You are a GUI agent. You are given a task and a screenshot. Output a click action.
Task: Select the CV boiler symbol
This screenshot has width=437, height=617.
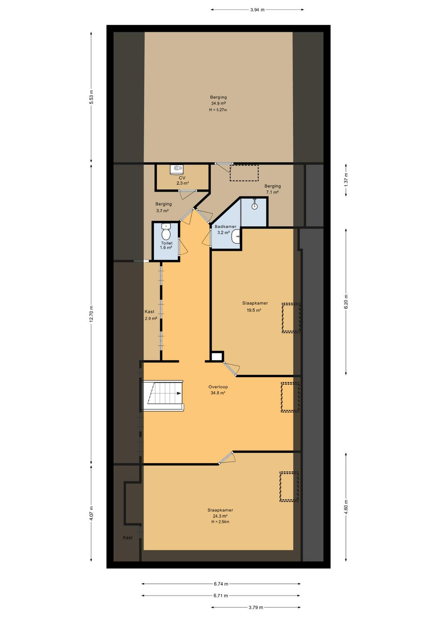(176, 169)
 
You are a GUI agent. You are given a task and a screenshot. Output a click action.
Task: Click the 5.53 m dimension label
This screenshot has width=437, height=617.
(91, 97)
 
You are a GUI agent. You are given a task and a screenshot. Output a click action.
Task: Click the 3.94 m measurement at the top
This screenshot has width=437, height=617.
(257, 10)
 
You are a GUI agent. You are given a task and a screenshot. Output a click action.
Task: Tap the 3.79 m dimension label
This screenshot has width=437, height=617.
(256, 607)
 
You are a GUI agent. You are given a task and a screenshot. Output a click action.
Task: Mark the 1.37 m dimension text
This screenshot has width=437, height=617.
(346, 180)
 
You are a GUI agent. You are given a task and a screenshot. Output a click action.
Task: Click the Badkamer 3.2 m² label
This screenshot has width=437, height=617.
(225, 229)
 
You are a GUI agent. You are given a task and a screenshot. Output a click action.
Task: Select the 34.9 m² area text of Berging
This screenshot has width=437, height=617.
(218, 103)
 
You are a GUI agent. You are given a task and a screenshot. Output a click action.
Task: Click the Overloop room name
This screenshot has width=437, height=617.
(218, 387)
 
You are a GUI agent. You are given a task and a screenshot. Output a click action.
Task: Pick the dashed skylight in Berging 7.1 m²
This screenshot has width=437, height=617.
(244, 173)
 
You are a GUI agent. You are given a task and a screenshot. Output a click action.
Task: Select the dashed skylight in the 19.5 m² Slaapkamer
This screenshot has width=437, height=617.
(291, 318)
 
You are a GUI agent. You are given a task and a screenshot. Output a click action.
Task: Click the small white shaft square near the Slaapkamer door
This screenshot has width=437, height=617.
(217, 357)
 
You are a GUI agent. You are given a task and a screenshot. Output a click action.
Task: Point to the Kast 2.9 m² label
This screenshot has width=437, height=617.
(151, 315)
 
